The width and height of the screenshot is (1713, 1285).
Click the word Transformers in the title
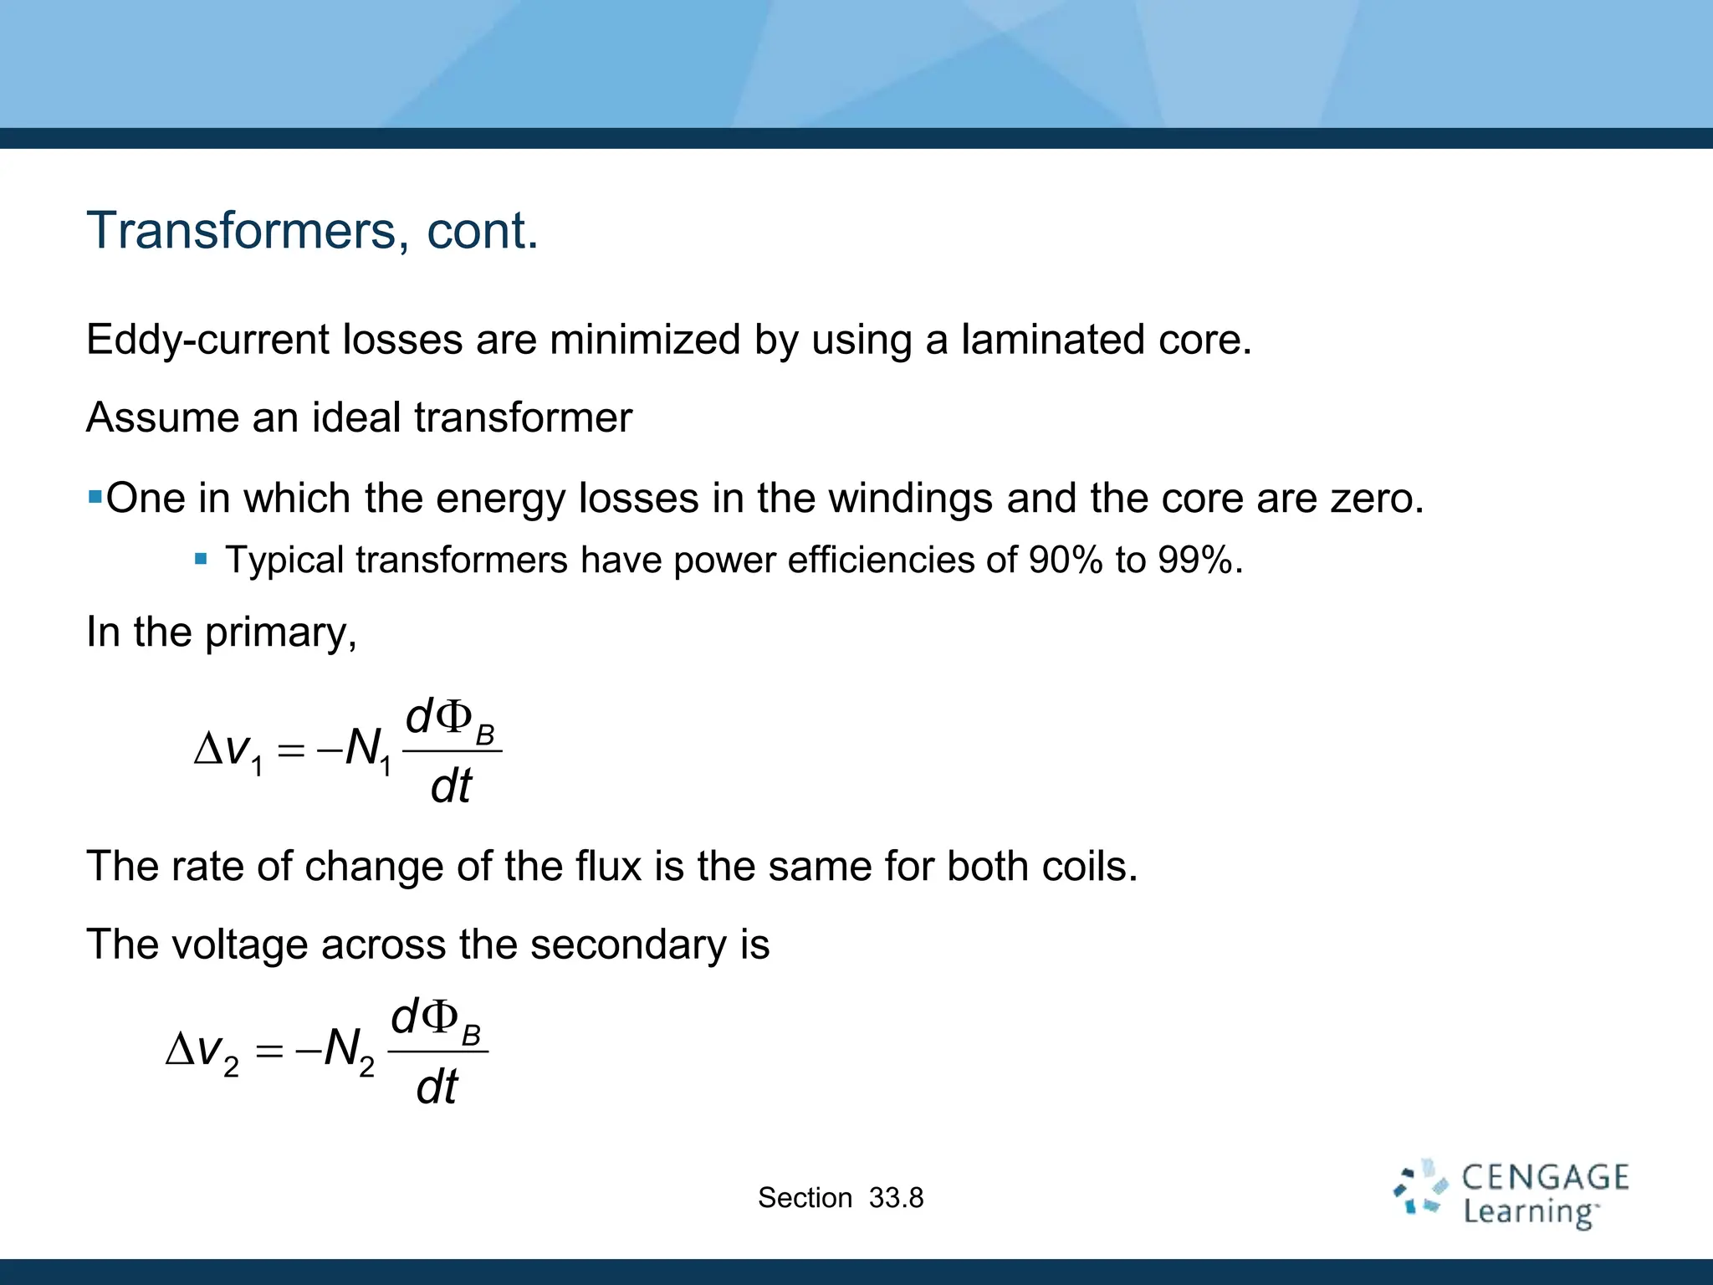pos(241,230)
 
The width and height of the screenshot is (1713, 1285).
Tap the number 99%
pos(1195,561)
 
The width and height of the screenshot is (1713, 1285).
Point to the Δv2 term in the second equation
pos(202,1051)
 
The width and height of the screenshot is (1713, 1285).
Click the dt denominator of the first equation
pos(451,786)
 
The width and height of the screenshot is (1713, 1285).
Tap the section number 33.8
pos(896,1198)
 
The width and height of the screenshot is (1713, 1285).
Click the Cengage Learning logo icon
pos(1419,1187)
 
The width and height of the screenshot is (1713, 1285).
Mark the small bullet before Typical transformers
pos(201,559)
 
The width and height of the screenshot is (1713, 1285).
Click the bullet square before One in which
pos(95,498)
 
